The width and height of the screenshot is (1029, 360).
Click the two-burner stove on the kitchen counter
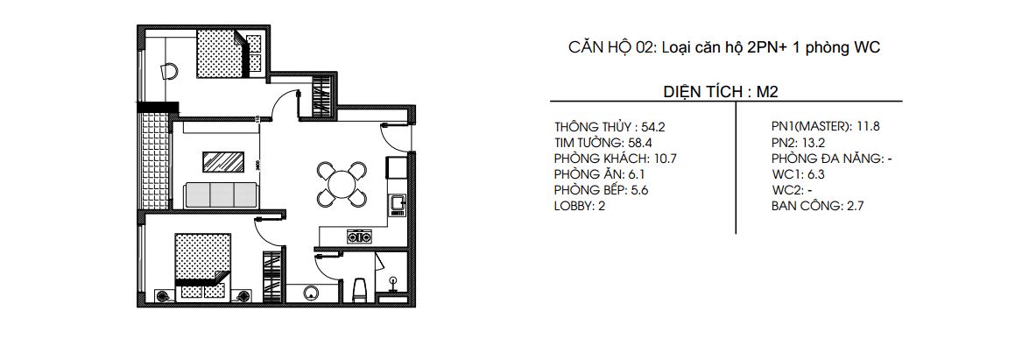point(358,235)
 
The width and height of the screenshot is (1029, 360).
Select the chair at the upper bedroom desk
point(169,71)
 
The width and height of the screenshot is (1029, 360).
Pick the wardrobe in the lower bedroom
point(271,276)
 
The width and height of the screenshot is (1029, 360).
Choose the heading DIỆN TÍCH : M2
point(722,93)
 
